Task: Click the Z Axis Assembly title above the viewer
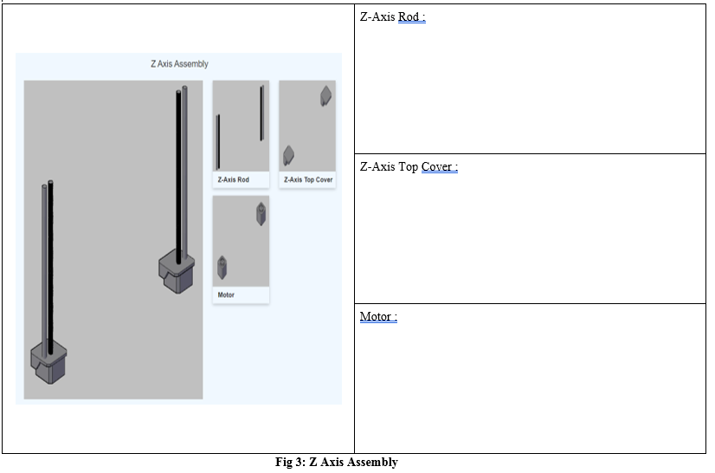click(x=179, y=64)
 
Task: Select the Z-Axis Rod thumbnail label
click(x=232, y=180)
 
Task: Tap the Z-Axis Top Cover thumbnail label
click(x=307, y=180)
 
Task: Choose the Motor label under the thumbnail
click(x=226, y=295)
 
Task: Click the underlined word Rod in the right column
click(x=410, y=17)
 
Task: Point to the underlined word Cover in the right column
click(x=438, y=167)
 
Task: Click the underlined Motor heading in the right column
click(x=378, y=317)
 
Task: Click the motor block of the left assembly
click(x=48, y=364)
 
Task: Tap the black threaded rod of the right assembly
click(x=178, y=173)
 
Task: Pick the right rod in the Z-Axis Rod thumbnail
click(x=261, y=113)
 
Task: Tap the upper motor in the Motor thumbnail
click(x=261, y=213)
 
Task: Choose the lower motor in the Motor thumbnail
click(x=222, y=268)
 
